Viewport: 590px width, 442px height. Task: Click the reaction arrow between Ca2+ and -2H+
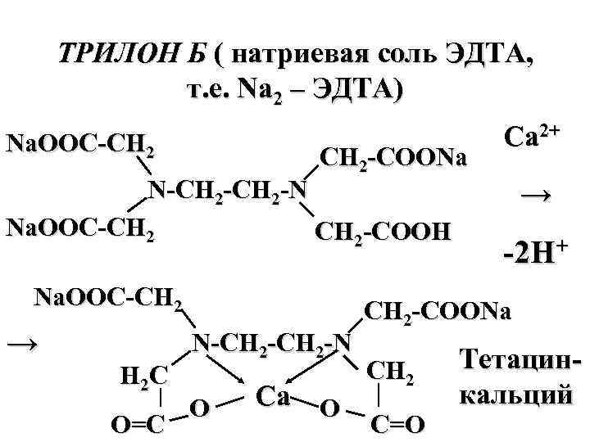pyautogui.click(x=535, y=195)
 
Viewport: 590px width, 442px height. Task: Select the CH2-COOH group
pyautogui.click(x=383, y=230)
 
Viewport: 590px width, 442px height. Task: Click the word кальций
pyautogui.click(x=515, y=396)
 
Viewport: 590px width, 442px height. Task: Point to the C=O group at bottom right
pyautogui.click(x=398, y=424)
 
